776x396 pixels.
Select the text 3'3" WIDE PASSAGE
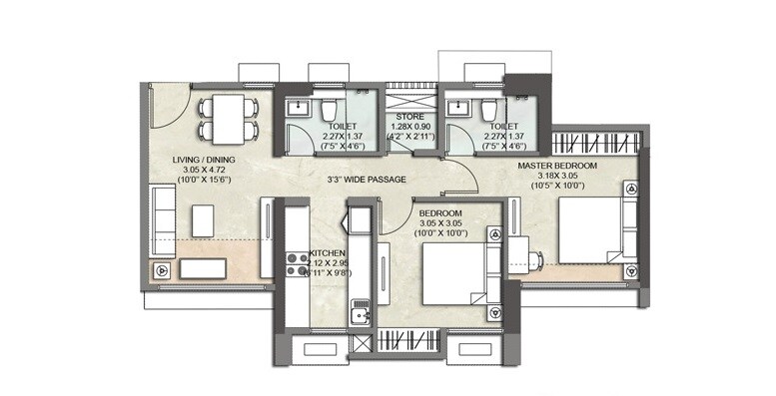338,181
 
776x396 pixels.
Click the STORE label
410,116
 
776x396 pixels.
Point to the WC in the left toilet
329,109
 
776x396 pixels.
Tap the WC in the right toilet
488,109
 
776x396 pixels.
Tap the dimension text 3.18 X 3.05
556,176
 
